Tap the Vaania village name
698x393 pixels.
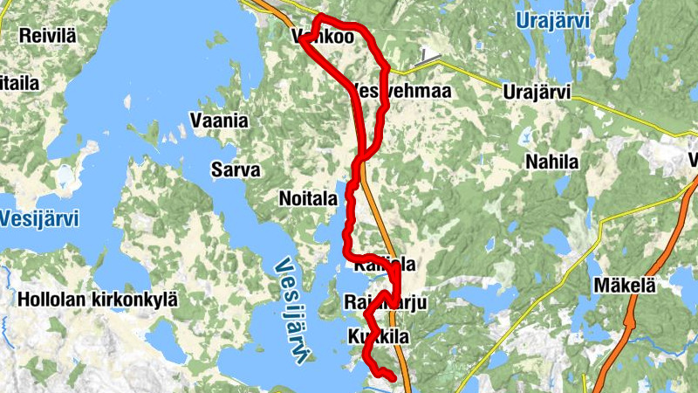point(219,121)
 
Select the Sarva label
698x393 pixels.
point(236,169)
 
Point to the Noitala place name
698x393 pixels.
point(307,198)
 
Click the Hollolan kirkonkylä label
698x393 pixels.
point(97,300)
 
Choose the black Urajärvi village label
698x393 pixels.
point(537,91)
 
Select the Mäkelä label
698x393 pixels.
point(624,286)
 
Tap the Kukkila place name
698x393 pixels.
point(377,336)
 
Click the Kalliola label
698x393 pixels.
point(384,264)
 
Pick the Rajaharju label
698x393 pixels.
point(385,302)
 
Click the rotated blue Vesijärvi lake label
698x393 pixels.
point(295,310)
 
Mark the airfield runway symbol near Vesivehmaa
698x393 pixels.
point(428,57)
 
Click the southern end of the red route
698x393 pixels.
point(393,377)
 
